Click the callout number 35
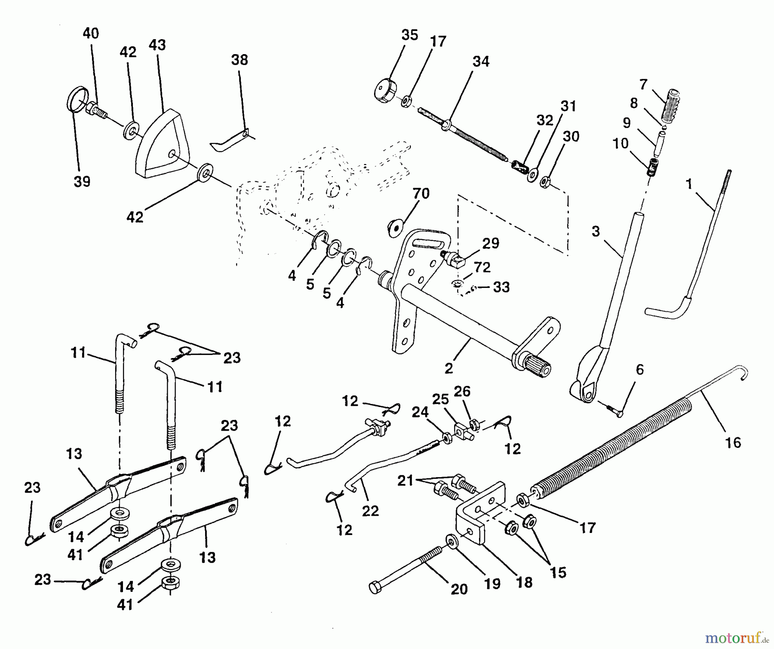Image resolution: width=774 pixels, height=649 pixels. click(409, 35)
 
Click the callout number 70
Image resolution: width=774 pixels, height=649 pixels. click(421, 194)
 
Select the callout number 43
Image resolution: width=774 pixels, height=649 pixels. click(157, 45)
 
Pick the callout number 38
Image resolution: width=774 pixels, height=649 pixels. click(240, 60)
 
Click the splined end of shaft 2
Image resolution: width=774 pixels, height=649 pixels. click(538, 369)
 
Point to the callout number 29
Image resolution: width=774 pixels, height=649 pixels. click(490, 244)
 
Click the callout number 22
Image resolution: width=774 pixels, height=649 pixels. click(370, 511)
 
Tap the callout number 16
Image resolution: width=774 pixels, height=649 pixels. click(733, 443)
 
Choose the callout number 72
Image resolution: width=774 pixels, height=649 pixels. click(482, 267)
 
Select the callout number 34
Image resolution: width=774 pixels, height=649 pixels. click(481, 62)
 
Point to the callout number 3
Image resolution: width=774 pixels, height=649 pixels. click(595, 232)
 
